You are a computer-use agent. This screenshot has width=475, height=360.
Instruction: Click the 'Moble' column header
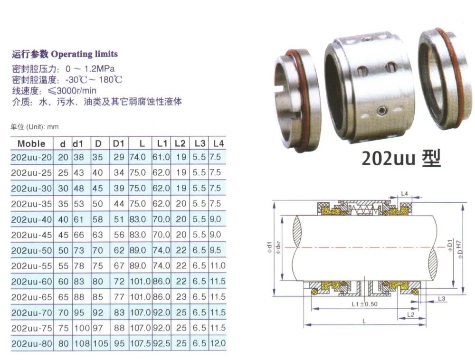(31, 143)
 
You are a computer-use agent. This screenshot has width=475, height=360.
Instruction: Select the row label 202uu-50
(31, 250)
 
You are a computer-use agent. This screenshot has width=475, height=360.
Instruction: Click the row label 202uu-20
(31, 157)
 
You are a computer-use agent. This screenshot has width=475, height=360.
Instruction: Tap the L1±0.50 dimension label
(364, 304)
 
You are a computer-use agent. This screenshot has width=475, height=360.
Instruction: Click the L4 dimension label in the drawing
(404, 194)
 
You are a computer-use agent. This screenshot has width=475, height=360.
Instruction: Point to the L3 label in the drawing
(441, 298)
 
